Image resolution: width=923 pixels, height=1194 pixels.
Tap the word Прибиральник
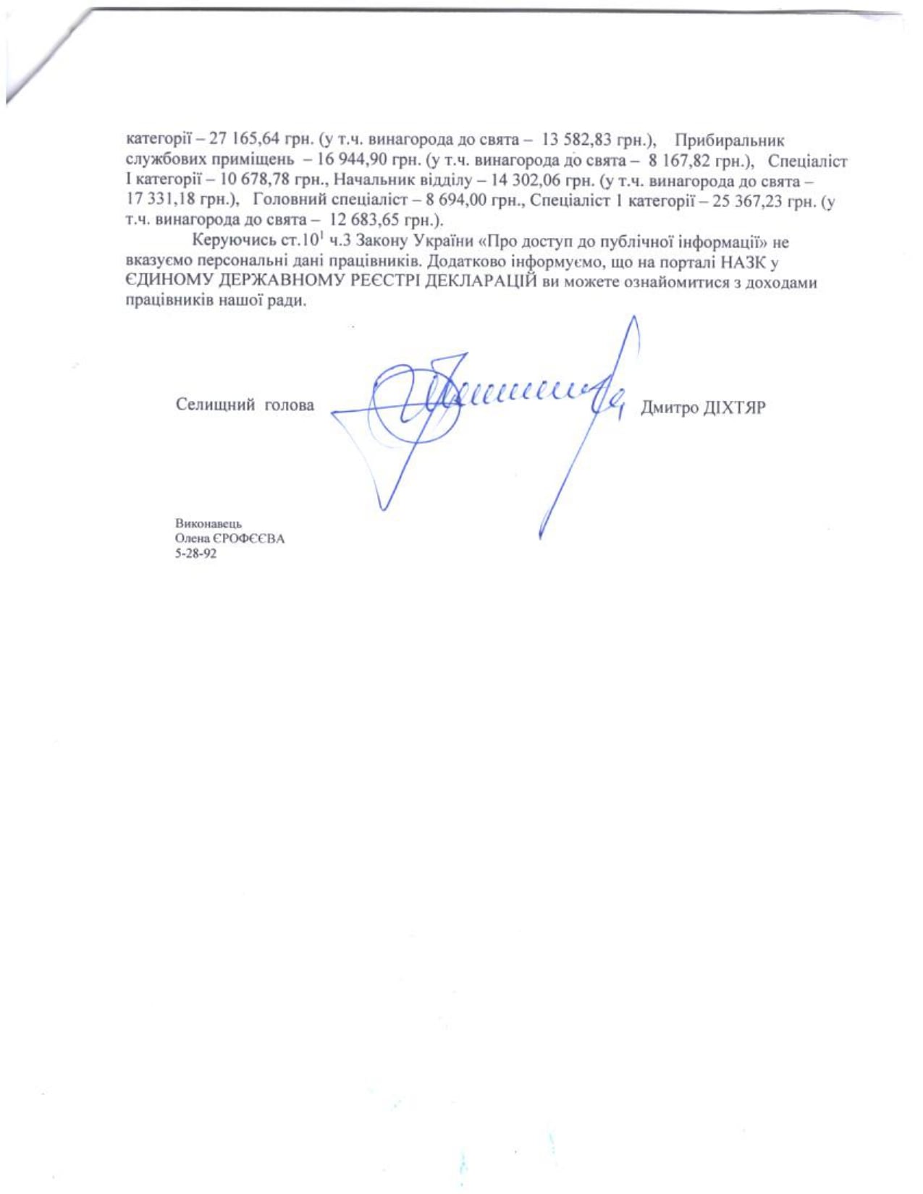pyautogui.click(x=729, y=140)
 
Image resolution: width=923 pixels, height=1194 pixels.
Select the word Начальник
pyautogui.click(x=369, y=181)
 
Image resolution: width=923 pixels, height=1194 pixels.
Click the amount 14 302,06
pyautogui.click(x=525, y=181)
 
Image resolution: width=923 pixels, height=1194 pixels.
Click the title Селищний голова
pyautogui.click(x=245, y=405)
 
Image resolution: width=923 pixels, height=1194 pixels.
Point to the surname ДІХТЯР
pyautogui.click(x=734, y=408)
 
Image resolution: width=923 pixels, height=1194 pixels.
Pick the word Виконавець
pyautogui.click(x=208, y=524)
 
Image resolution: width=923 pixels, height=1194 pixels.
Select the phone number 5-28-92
pyautogui.click(x=195, y=554)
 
